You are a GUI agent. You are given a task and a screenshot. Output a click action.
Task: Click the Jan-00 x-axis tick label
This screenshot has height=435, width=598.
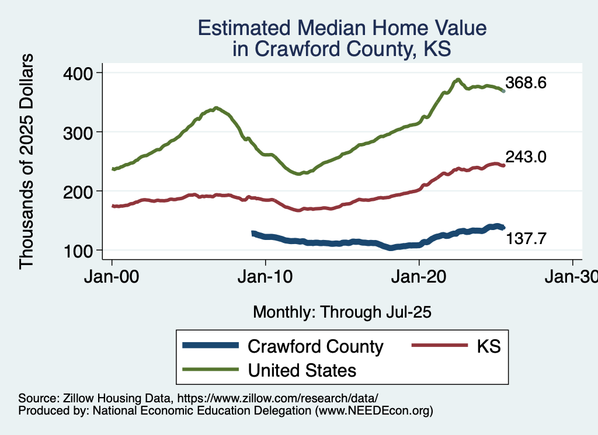click(112, 278)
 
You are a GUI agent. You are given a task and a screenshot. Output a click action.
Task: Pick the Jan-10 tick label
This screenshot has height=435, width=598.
click(265, 278)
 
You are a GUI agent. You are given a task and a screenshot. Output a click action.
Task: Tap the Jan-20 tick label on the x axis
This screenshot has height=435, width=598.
click(419, 278)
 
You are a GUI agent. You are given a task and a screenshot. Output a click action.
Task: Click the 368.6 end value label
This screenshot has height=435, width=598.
click(526, 83)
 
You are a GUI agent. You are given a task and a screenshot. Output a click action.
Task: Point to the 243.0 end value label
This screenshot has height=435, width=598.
click(526, 156)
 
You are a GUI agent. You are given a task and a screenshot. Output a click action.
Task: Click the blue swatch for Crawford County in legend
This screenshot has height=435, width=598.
click(211, 345)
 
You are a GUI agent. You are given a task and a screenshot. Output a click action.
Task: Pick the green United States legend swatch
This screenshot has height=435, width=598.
click(211, 369)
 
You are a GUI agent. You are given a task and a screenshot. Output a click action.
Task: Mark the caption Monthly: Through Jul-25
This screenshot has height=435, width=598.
click(342, 312)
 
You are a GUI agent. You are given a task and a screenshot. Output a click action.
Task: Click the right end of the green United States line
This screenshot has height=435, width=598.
click(504, 91)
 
